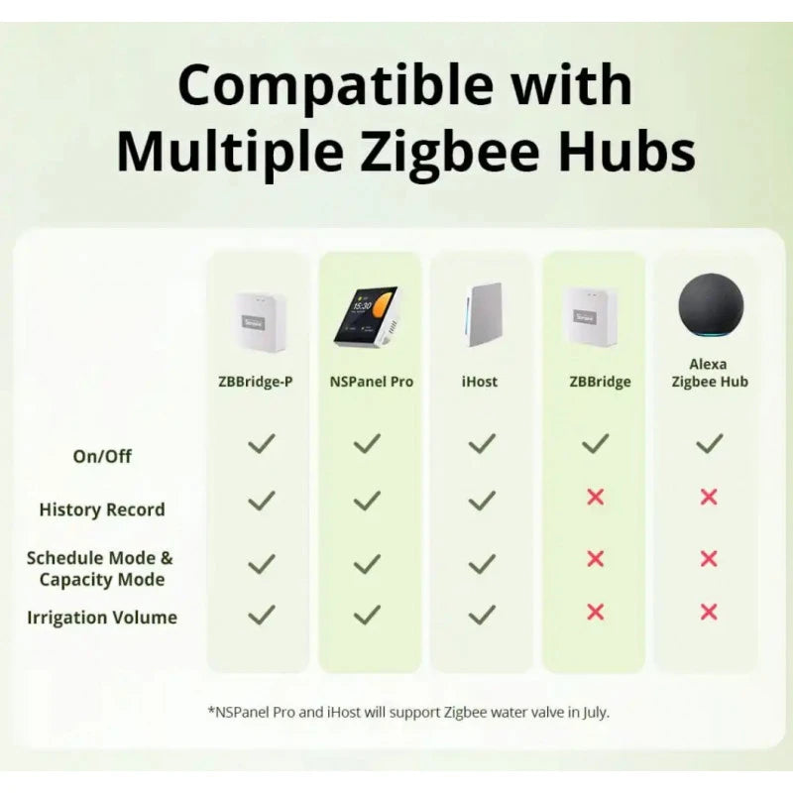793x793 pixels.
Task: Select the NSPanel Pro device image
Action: pyautogui.click(x=365, y=316)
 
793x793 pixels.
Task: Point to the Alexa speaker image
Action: pyautogui.click(x=709, y=307)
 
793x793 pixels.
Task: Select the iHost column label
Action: pyautogui.click(x=480, y=382)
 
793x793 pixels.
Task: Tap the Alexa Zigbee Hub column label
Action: pyautogui.click(x=709, y=374)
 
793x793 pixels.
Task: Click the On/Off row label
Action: pyautogui.click(x=102, y=456)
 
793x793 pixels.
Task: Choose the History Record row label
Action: pyautogui.click(x=102, y=510)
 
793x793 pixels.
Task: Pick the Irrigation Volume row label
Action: pyautogui.click(x=102, y=618)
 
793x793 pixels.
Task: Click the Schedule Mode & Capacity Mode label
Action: pyautogui.click(x=100, y=569)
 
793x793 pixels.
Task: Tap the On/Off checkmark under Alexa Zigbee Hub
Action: pyautogui.click(x=709, y=444)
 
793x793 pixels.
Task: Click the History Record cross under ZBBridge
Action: pyautogui.click(x=595, y=497)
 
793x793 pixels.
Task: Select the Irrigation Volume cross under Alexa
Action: pyautogui.click(x=709, y=612)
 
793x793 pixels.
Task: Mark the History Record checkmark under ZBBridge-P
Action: pyautogui.click(x=261, y=501)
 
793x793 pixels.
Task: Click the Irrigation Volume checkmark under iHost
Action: pyautogui.click(x=482, y=615)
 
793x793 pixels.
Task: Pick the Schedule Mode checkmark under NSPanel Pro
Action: pyautogui.click(x=367, y=563)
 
